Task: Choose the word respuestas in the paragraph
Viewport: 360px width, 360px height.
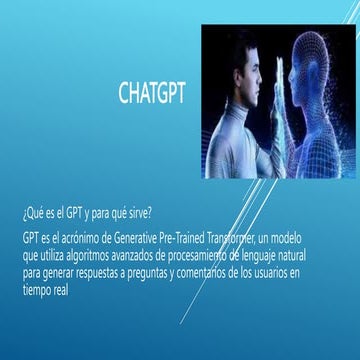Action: pyautogui.click(x=116, y=272)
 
